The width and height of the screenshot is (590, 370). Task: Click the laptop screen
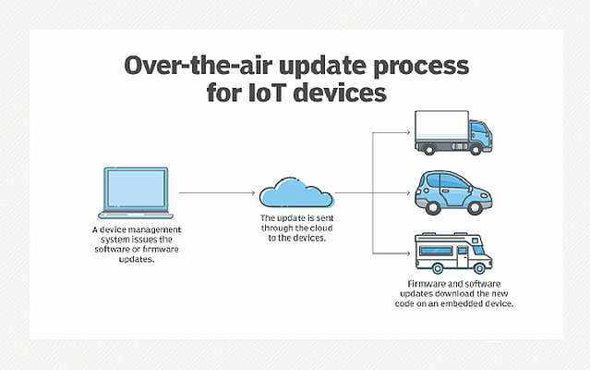[136, 189]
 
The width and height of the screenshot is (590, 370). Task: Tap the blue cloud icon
[296, 192]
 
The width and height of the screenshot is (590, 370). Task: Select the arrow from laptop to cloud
[217, 193]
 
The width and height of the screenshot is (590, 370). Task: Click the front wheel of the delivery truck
[476, 149]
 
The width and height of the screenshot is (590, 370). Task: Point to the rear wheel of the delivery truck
[428, 149]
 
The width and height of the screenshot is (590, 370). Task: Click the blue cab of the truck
[480, 135]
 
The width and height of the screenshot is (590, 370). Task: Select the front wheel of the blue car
[475, 207]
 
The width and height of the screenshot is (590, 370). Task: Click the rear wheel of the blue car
[433, 207]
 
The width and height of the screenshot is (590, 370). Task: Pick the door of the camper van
[462, 256]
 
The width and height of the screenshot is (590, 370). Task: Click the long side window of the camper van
[436, 251]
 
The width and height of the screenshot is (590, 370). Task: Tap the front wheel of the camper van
[479, 268]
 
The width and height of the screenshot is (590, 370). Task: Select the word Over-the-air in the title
[198, 66]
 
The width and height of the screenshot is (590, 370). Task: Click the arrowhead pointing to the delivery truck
[407, 132]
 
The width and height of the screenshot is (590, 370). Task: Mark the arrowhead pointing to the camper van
[407, 253]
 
